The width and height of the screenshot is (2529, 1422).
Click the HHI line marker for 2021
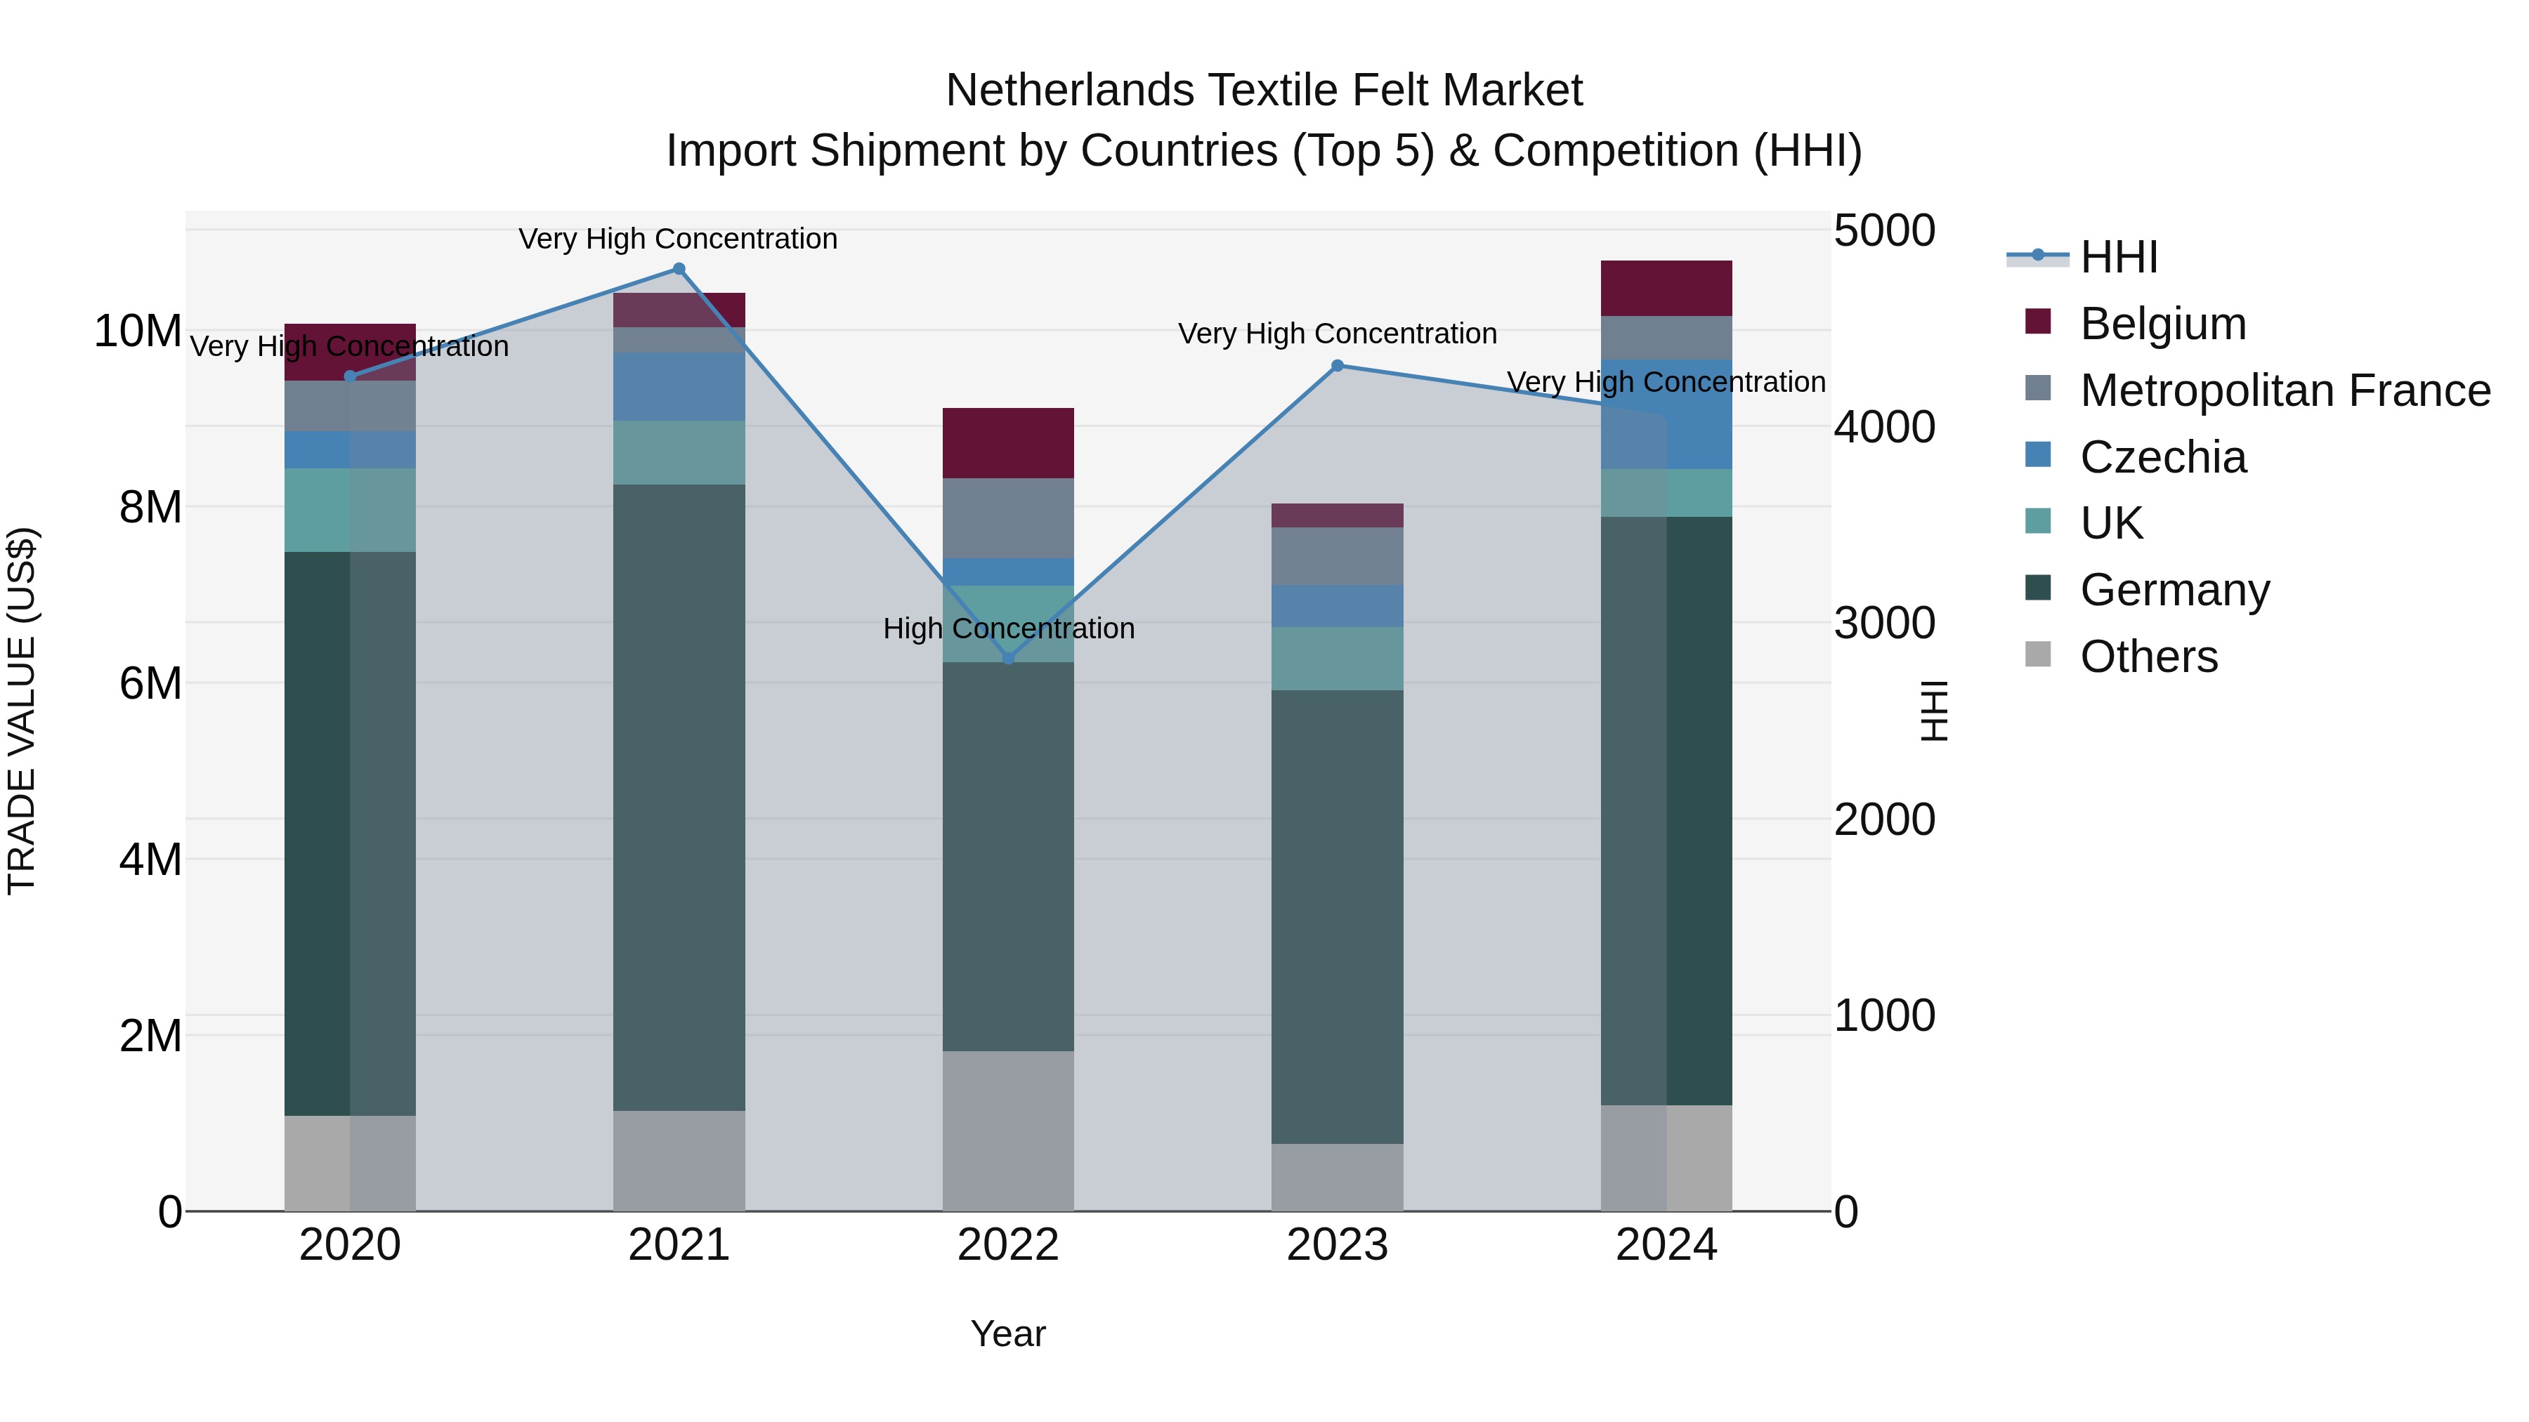679,269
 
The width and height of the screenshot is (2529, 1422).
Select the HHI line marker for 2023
1337,366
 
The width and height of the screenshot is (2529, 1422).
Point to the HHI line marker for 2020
350,376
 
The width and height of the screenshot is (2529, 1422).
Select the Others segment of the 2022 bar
1008,1131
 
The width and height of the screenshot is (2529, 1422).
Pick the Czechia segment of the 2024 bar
1666,414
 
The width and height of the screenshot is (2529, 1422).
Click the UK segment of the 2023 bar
1337,659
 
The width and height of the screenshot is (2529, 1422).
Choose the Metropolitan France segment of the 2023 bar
1337,555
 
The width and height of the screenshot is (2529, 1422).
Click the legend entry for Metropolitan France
2285,390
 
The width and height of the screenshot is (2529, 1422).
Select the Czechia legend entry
2163,457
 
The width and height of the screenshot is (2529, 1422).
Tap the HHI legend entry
2119,257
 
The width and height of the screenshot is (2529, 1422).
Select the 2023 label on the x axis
1337,1245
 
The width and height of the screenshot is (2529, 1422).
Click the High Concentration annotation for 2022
1008,628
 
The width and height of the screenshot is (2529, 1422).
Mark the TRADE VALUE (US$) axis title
22,711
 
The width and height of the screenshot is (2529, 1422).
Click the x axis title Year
1008,1334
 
